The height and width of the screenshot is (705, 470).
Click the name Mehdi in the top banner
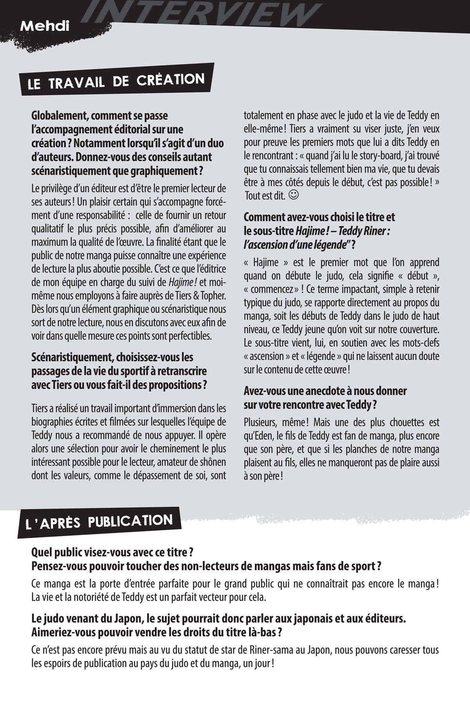[x=45, y=26]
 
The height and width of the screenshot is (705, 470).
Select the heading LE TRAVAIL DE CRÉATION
[x=116, y=81]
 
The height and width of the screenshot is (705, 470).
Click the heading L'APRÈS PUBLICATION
[x=99, y=522]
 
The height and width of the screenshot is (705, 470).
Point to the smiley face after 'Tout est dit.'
[x=293, y=195]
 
